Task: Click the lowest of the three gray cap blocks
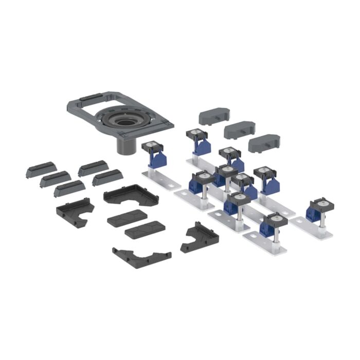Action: tap(264, 143)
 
